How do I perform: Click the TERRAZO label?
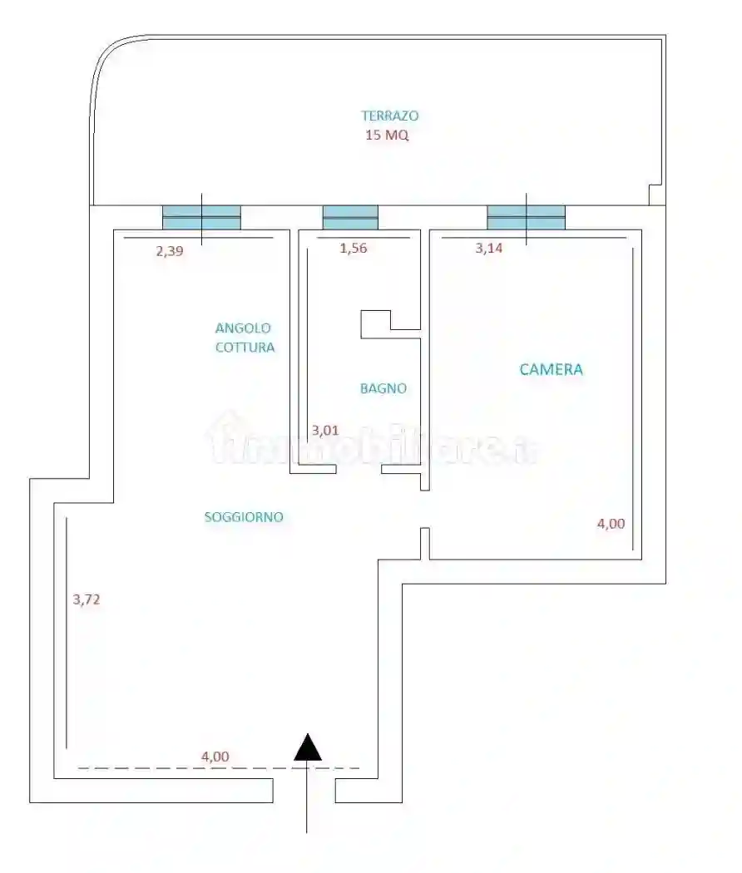click(x=389, y=116)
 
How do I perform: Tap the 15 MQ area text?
click(x=387, y=136)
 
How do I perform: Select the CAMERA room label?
click(x=551, y=369)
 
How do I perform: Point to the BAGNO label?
click(x=383, y=388)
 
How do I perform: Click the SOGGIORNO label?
click(x=244, y=517)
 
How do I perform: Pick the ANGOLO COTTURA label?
click(x=244, y=338)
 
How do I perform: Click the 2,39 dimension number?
click(x=169, y=250)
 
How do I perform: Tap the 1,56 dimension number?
click(x=354, y=248)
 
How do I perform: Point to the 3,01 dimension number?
click(x=324, y=431)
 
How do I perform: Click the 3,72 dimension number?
click(x=87, y=599)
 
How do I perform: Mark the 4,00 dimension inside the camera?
click(x=611, y=524)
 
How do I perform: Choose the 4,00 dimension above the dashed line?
click(x=215, y=757)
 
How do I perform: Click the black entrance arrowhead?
click(x=309, y=747)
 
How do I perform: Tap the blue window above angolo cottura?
click(x=201, y=217)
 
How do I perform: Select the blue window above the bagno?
click(x=350, y=217)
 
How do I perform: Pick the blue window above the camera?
click(x=526, y=217)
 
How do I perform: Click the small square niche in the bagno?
click(x=375, y=324)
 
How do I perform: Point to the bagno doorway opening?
click(x=359, y=471)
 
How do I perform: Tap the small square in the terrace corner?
click(x=656, y=195)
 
